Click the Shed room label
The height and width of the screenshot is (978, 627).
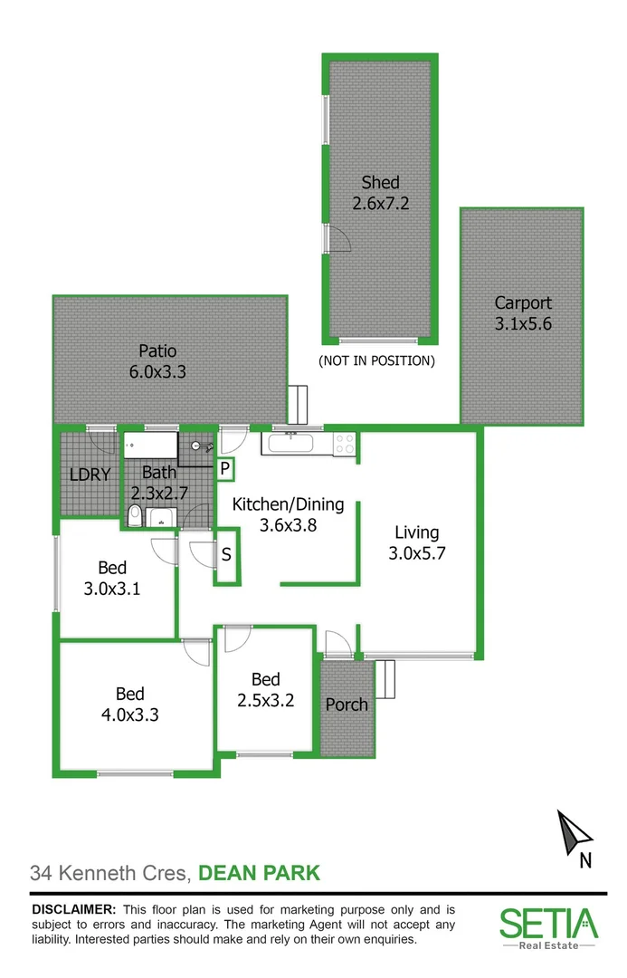(380, 183)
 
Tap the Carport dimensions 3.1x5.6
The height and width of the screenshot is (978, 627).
(522, 323)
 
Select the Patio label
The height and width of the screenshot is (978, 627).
(157, 350)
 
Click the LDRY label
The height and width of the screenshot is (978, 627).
(90, 474)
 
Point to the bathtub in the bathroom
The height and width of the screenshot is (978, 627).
(151, 445)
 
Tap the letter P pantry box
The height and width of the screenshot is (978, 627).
(224, 469)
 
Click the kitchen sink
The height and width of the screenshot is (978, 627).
(290, 444)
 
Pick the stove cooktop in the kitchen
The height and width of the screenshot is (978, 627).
(345, 444)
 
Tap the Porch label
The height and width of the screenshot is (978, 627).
(347, 704)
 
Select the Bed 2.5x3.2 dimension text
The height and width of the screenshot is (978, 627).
(266, 699)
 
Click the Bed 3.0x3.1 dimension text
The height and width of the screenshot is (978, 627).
(112, 588)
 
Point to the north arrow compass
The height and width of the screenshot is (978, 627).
(575, 833)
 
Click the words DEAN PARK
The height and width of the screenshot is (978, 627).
(259, 874)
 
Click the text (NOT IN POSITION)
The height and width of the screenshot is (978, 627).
(376, 360)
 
